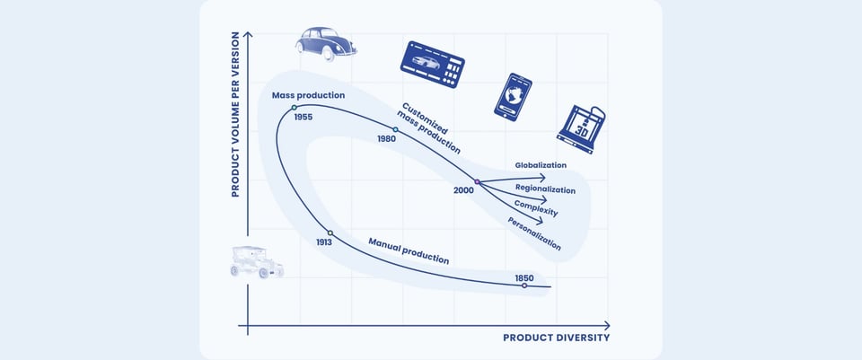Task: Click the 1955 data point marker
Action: pos(294,109)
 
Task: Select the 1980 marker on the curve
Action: pos(395,129)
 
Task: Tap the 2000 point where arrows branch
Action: pos(477,182)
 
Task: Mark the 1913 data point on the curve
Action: pos(330,233)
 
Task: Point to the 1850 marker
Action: pos(524,285)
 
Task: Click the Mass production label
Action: pos(308,95)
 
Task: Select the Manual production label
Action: pos(409,252)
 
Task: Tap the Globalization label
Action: pos(541,165)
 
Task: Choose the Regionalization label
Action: pos(545,189)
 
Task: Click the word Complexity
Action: pos(536,208)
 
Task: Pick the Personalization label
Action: pos(534,233)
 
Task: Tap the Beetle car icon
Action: pos(325,42)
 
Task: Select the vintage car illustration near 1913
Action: pos(257,261)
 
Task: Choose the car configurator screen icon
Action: pos(433,64)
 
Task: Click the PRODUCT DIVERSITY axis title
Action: pos(556,338)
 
